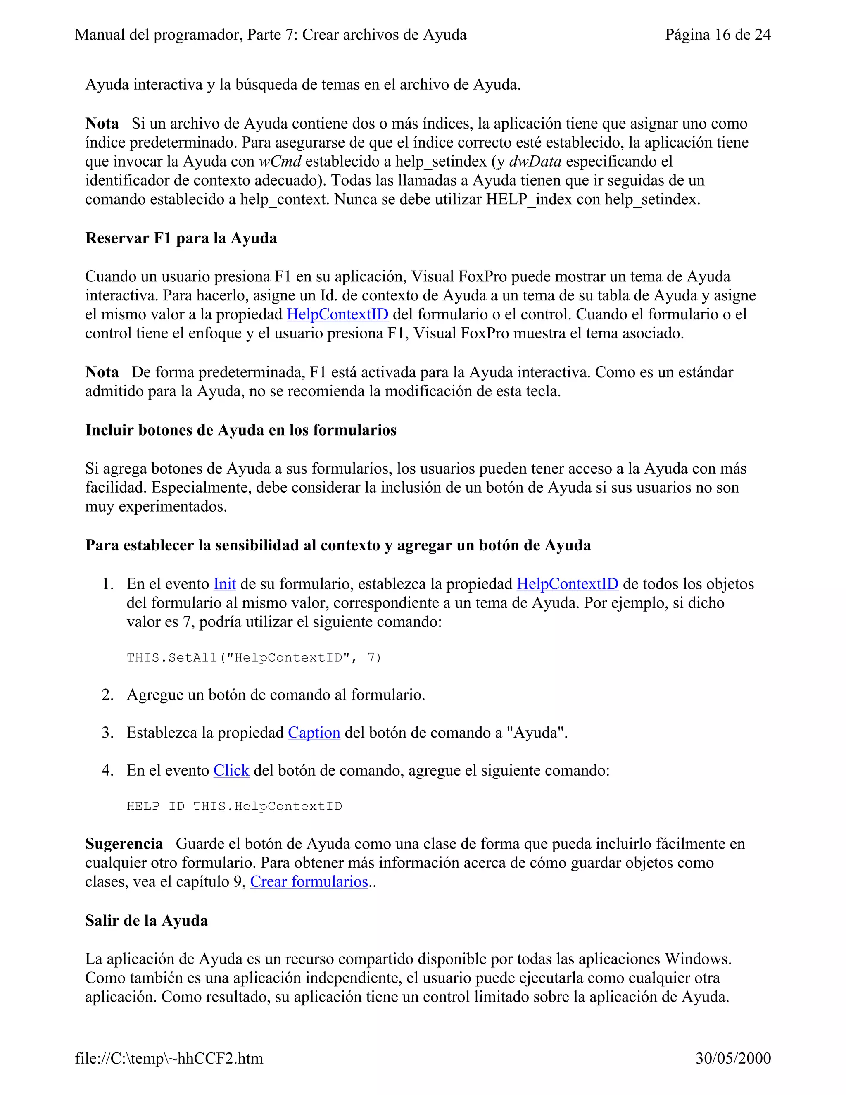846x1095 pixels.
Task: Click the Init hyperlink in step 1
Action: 225,584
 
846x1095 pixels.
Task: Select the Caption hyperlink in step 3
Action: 314,733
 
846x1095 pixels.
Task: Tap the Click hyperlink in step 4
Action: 231,771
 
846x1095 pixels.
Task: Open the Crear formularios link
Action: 309,882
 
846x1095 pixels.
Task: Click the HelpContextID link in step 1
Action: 567,584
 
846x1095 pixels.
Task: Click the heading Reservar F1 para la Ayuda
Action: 181,238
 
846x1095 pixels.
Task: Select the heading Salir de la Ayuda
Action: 146,921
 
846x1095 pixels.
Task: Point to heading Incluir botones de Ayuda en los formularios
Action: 240,430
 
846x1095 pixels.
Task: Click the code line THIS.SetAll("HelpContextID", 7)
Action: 254,658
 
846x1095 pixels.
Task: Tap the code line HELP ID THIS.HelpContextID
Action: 234,807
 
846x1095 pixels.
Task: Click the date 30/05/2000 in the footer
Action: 733,1058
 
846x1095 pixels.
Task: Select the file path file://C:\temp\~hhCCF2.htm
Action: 169,1058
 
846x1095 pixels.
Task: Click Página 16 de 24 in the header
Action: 718,35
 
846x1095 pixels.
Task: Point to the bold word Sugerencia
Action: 124,844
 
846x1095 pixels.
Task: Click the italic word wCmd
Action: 280,162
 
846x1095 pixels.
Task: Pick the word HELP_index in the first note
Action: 529,200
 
